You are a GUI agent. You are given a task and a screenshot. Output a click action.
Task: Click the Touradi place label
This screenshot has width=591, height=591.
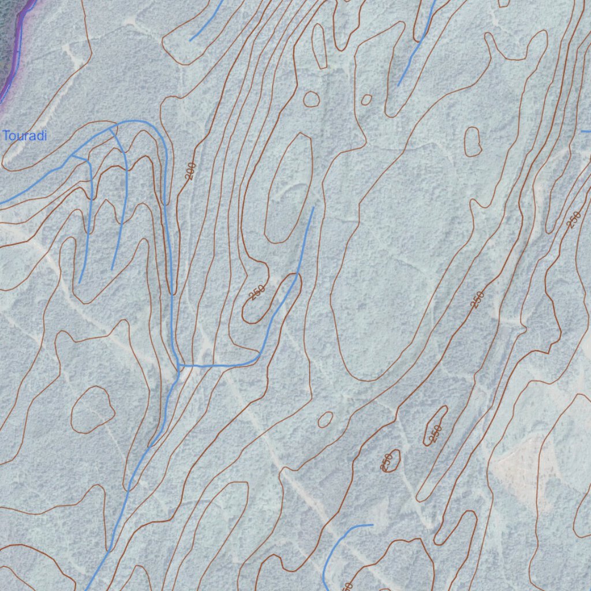pyautogui.click(x=25, y=136)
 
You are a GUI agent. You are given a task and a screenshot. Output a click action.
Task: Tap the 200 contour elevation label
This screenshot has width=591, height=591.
pyautogui.click(x=191, y=171)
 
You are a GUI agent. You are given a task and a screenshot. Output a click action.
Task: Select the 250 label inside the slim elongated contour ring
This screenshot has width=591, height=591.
pyautogui.click(x=436, y=431)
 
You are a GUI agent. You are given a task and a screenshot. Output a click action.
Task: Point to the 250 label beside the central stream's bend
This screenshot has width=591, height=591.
pyautogui.click(x=257, y=293)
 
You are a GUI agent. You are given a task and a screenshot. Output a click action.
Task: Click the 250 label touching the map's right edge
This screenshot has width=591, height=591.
pyautogui.click(x=574, y=219)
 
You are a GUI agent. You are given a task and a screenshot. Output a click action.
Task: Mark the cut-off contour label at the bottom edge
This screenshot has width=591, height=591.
pyautogui.click(x=347, y=586)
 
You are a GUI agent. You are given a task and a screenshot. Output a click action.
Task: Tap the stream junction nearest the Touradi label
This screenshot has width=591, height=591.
pyautogui.click(x=72, y=156)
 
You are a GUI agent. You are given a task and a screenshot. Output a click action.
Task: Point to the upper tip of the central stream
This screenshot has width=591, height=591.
pyautogui.click(x=313, y=208)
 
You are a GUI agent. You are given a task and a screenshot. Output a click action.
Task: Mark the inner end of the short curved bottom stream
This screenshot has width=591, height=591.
pyautogui.click(x=372, y=525)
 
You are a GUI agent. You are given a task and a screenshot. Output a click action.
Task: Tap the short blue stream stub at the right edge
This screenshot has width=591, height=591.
pyautogui.click(x=585, y=132)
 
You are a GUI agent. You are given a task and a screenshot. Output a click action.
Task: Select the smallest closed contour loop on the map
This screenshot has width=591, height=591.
pyautogui.click(x=366, y=100)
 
